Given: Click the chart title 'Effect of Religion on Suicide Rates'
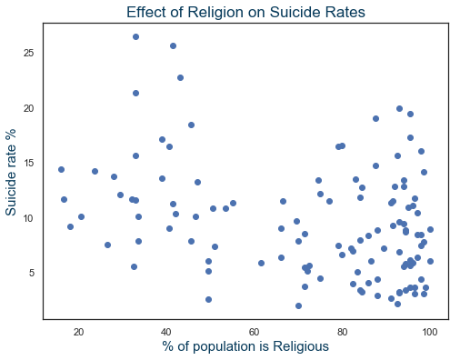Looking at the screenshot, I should tap(245, 13).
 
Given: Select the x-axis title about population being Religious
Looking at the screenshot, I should tap(245, 346).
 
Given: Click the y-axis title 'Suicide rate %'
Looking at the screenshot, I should tap(12, 170).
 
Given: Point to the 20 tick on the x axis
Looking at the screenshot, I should tap(78, 331).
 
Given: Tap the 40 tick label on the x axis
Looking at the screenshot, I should tap(166, 331).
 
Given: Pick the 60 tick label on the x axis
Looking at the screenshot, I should tap(255, 331).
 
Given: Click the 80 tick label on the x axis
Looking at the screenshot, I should tap(342, 331).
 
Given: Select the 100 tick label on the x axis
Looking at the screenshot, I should tap(430, 331).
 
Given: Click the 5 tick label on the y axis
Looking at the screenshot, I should tap(29, 274).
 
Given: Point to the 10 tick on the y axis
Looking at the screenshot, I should tap(26, 218).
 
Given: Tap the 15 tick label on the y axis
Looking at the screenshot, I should tap(26, 164).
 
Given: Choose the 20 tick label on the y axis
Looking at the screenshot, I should tap(26, 108).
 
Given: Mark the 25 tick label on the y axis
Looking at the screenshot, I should tap(26, 54).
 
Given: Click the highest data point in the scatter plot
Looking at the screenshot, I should tap(135, 36).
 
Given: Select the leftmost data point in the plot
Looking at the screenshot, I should tap(61, 169).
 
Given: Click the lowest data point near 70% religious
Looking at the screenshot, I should tap(298, 305).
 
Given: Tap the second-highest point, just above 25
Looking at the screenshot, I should tap(173, 45).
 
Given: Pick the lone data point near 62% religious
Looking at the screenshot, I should tap(261, 263).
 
